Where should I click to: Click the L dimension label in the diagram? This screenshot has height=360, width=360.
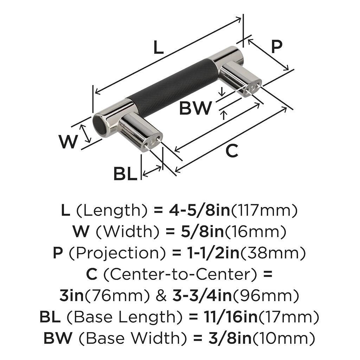[x=159, y=47]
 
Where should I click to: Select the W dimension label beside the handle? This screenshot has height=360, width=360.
[x=68, y=142]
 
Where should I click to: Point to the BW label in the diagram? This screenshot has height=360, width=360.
[x=196, y=108]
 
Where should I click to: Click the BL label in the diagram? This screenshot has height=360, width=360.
[x=125, y=173]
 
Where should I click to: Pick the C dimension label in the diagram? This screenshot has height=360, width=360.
[x=232, y=151]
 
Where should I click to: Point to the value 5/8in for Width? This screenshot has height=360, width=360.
[x=203, y=232]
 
